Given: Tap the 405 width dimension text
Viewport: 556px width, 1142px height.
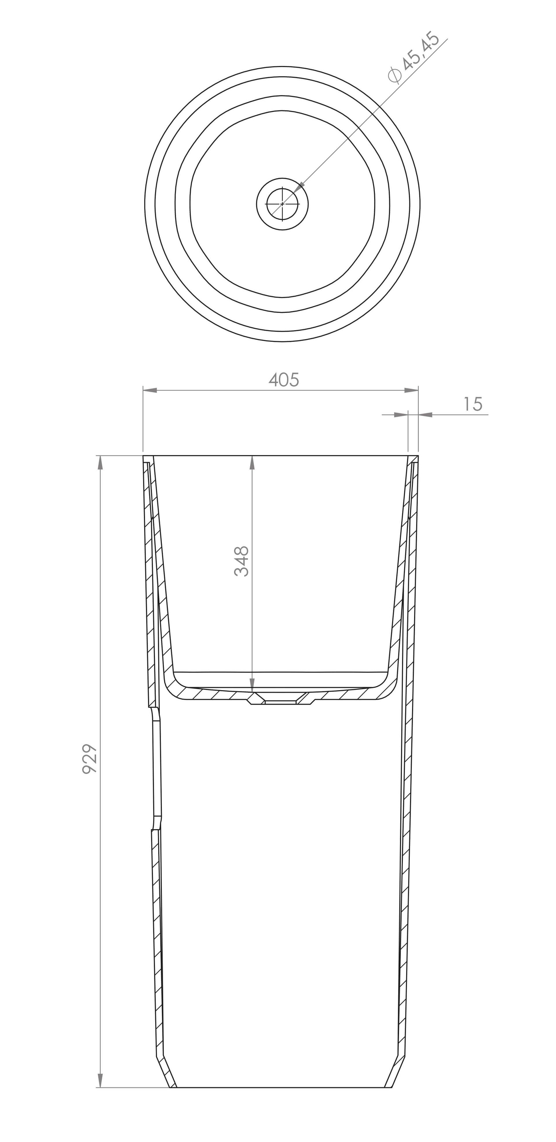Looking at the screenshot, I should (x=284, y=380).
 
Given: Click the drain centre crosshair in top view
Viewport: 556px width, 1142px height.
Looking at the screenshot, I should (x=282, y=204).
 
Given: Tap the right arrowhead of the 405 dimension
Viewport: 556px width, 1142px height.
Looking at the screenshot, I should (x=411, y=390).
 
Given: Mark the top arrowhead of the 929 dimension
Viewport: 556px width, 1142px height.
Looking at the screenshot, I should (x=100, y=462).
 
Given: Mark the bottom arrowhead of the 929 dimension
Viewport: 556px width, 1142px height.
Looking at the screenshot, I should (x=100, y=1080).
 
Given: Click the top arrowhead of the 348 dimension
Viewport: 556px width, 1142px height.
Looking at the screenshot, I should (x=252, y=462).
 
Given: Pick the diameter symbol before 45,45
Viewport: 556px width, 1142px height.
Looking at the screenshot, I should (x=394, y=75).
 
